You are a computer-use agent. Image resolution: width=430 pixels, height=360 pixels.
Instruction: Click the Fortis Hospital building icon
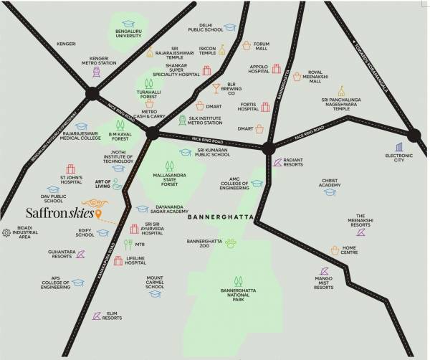tap(264, 107)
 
